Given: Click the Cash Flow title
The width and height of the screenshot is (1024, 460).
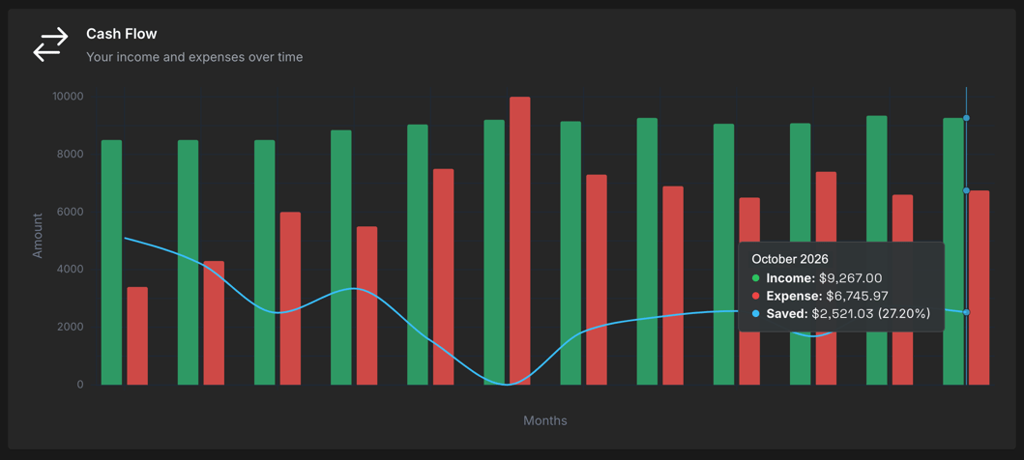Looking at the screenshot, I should (121, 34).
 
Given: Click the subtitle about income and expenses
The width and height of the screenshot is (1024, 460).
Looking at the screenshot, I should (194, 57).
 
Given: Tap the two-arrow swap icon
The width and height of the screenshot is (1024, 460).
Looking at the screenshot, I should (51, 44).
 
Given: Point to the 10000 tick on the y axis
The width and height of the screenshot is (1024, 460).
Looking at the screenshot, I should (68, 97).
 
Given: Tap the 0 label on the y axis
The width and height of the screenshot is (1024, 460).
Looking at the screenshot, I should (80, 385).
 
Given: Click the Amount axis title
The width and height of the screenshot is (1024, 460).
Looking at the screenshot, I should (38, 236).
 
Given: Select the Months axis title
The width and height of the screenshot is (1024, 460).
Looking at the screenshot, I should (545, 420).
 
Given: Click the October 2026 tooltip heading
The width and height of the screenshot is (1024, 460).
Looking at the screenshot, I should (790, 259).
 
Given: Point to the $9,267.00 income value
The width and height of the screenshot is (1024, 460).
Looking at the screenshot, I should (850, 278).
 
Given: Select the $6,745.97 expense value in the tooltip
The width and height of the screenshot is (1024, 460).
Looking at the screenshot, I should (857, 296).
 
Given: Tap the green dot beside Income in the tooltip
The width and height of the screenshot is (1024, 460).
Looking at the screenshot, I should (756, 278).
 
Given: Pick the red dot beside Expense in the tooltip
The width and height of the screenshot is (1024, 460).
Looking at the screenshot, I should (756, 296).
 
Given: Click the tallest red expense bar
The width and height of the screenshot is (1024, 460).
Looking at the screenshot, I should (519, 241).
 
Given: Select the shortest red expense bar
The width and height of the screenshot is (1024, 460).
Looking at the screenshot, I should (137, 335).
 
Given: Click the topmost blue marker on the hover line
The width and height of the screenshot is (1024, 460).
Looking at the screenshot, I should (966, 118).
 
